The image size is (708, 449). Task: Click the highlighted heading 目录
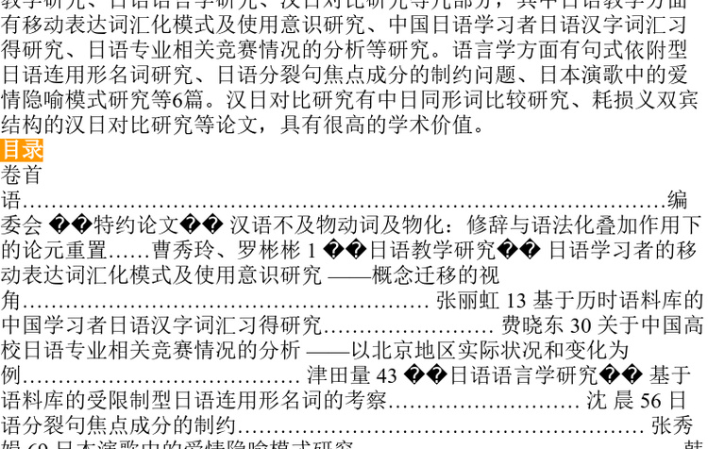tap(22, 150)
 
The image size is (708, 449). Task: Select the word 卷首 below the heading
tap(22, 175)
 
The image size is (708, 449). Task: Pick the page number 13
tap(515, 301)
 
